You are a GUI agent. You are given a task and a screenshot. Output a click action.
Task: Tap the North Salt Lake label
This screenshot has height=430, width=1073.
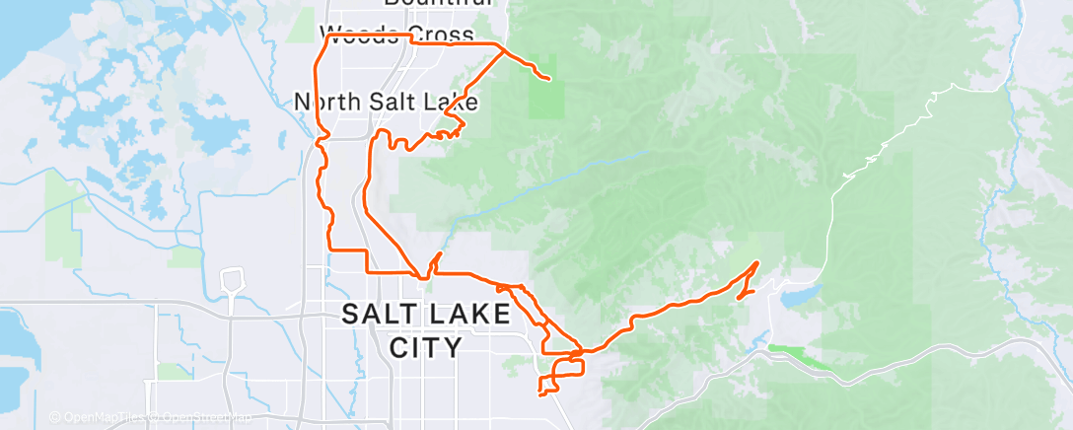(x=386, y=102)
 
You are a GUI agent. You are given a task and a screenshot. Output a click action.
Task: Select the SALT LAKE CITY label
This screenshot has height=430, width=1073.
(x=426, y=330)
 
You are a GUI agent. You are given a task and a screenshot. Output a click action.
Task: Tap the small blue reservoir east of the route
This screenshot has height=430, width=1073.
(x=800, y=297)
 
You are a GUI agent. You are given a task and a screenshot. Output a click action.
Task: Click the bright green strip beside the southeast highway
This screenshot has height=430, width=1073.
(x=800, y=352)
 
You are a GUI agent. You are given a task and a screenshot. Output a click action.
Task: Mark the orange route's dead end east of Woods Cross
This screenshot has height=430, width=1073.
(x=548, y=77)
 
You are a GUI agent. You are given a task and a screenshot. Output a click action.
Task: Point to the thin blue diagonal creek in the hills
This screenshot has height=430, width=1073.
(x=552, y=179)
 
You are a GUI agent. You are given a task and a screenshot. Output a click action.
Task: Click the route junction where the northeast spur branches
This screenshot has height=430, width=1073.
(x=504, y=46)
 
